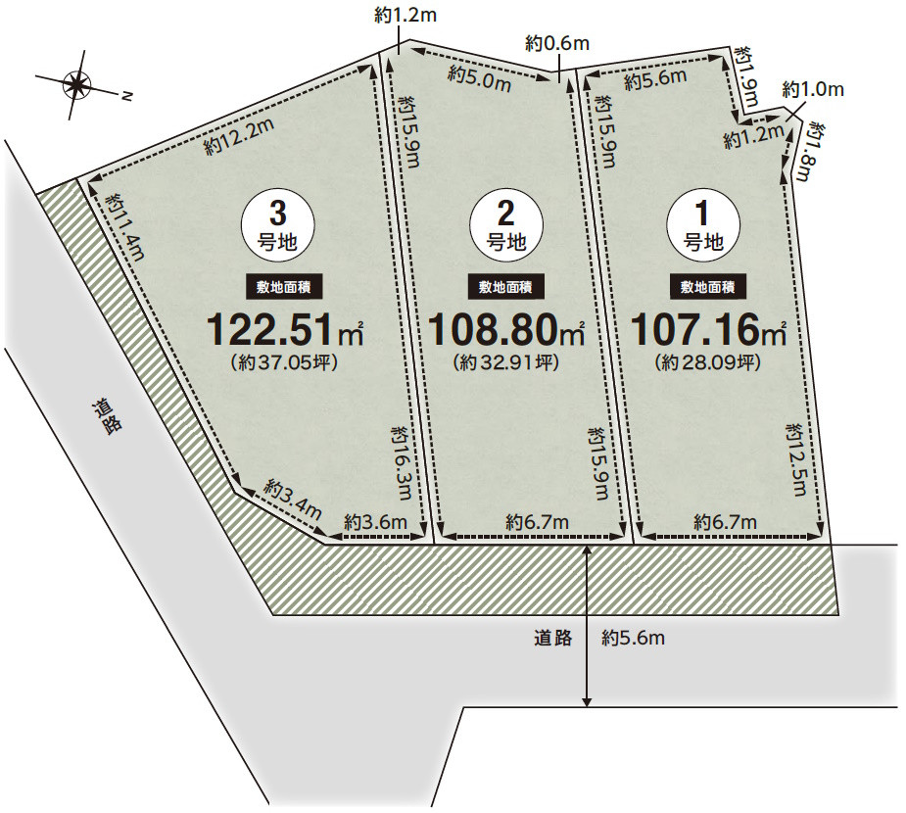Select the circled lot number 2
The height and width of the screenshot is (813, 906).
point(505,223)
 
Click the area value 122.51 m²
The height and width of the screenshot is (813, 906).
point(285,329)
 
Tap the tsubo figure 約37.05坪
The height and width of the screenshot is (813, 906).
point(284,361)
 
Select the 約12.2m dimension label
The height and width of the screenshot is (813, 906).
point(238,136)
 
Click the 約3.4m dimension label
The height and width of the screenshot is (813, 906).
point(293,499)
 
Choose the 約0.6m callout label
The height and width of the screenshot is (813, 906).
point(556,43)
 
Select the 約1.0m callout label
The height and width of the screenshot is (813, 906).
point(813,89)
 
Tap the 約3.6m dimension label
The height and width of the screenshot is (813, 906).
point(375,522)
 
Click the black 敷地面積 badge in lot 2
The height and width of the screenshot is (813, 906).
point(505,287)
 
